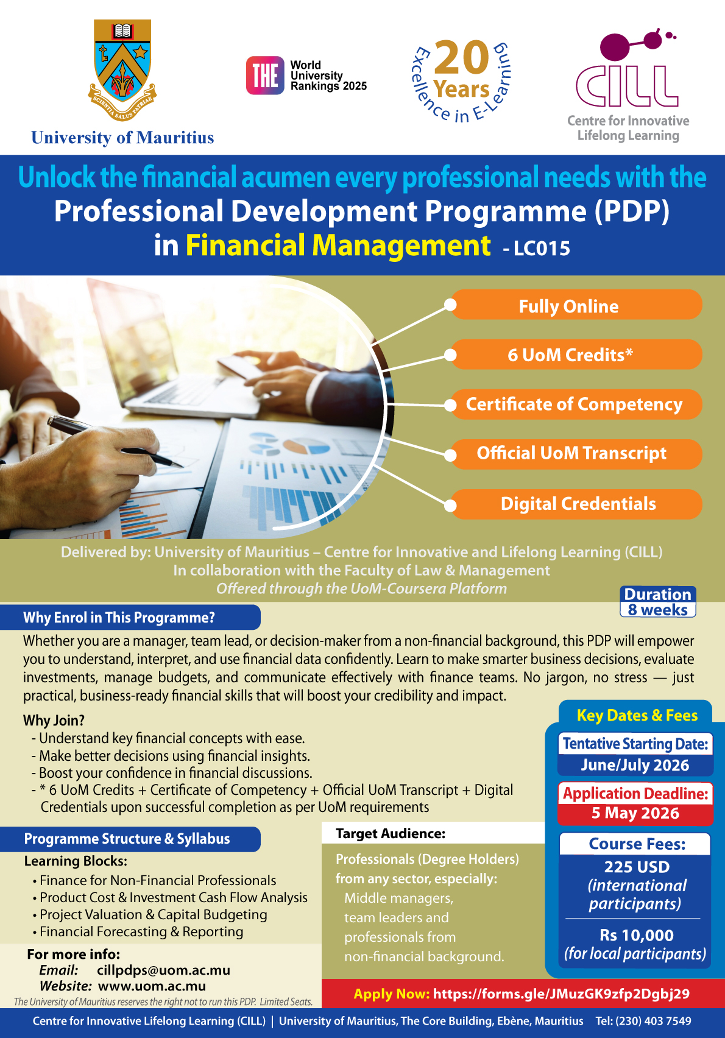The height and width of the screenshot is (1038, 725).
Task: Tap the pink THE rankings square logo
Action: point(265,75)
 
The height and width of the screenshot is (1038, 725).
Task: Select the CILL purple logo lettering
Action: point(627,86)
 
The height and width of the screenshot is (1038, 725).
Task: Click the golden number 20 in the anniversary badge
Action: point(462,57)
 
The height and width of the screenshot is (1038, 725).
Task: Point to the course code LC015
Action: point(542,249)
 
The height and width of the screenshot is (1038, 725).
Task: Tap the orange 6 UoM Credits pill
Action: point(576,355)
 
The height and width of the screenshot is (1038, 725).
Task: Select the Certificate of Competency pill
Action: point(576,404)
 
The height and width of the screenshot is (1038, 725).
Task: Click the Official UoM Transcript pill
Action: point(576,454)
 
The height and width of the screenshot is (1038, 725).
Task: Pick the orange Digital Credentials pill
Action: point(576,504)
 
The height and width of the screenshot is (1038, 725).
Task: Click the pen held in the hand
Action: point(115,440)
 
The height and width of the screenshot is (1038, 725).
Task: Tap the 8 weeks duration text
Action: point(658,610)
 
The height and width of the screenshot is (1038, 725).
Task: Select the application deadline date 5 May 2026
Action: point(635,813)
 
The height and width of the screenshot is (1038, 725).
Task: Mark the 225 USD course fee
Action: point(637,867)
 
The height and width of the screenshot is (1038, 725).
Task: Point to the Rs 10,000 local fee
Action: point(637,934)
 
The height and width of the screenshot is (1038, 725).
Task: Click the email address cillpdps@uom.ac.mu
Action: point(164,970)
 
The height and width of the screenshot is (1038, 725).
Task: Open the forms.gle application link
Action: point(561,994)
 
